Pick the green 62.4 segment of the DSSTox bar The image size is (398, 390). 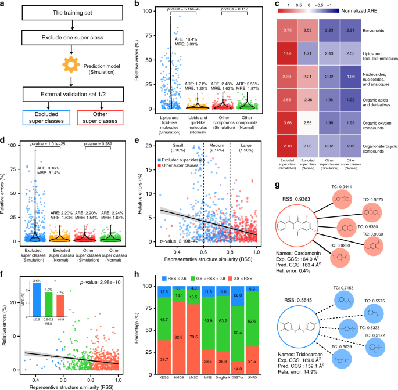click(270, 334)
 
